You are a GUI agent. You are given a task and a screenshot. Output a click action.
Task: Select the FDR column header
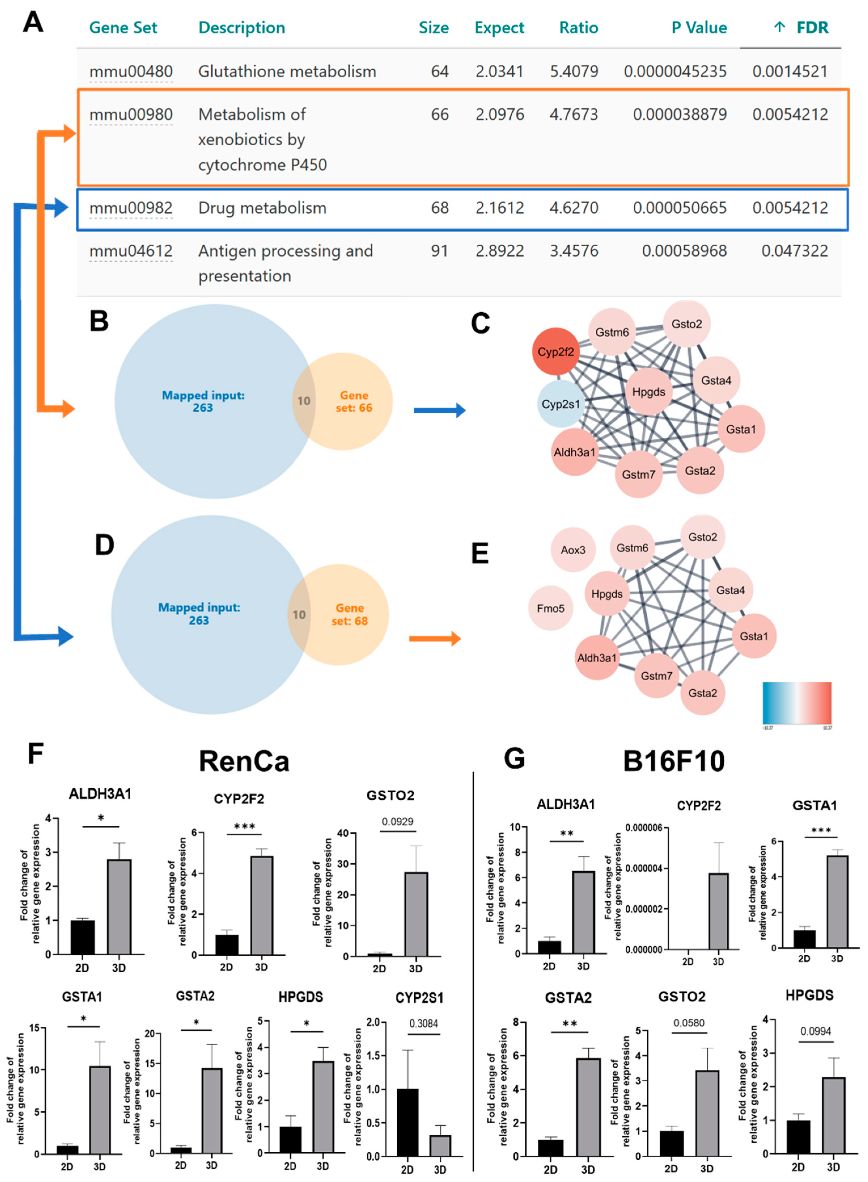tap(812, 27)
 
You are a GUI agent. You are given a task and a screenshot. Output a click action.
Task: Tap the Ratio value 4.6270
tap(574, 208)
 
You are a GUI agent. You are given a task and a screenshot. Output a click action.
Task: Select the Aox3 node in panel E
tap(573, 550)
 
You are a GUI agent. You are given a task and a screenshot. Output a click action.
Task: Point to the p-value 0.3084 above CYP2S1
tap(423, 1023)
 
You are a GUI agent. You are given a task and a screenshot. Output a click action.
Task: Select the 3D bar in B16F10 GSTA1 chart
tap(837, 902)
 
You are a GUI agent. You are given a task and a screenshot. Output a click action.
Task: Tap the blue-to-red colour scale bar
tap(797, 703)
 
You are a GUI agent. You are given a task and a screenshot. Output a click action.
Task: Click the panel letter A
tap(33, 23)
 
